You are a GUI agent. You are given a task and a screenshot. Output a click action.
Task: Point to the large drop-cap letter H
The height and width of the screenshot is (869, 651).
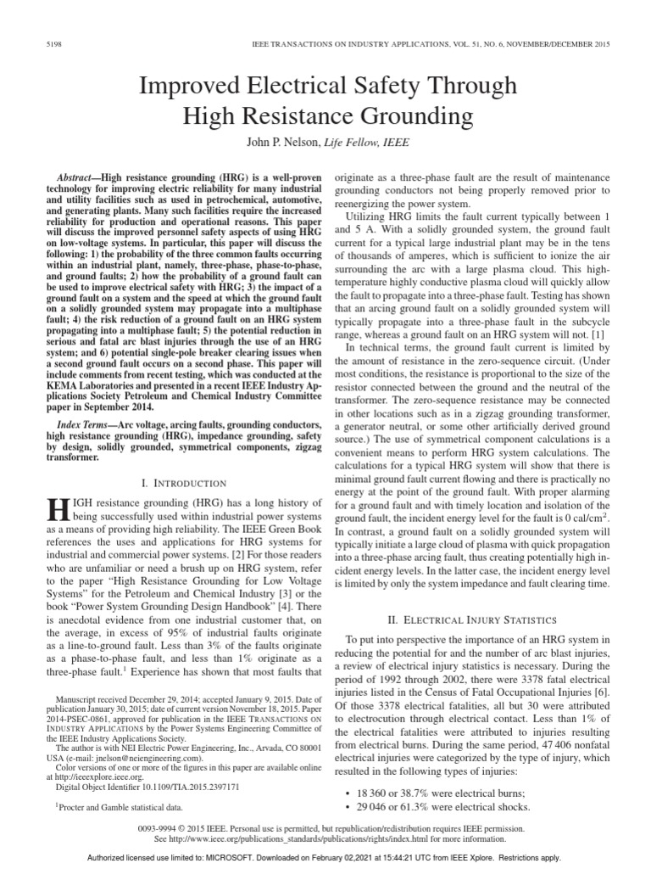click(58, 510)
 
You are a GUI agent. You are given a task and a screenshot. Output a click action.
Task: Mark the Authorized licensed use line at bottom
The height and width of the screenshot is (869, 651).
click(325, 857)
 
